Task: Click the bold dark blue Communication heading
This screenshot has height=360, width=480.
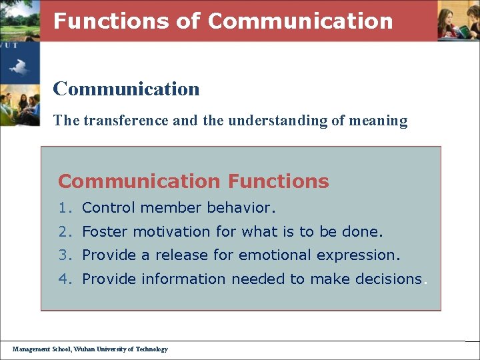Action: tap(126, 88)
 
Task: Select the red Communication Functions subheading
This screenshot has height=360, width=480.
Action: tap(193, 181)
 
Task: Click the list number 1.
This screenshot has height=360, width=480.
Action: tap(63, 208)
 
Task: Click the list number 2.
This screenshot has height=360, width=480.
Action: tap(63, 232)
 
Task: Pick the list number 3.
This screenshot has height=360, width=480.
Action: tap(63, 255)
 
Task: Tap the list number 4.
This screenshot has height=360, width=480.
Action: tap(63, 279)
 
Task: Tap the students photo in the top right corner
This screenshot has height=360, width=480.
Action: tap(458, 21)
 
